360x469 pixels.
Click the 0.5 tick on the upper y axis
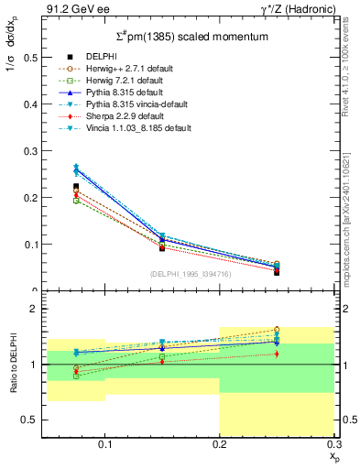(32, 57)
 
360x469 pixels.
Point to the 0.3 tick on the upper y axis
(32, 150)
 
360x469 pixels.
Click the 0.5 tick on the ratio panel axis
(32, 420)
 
